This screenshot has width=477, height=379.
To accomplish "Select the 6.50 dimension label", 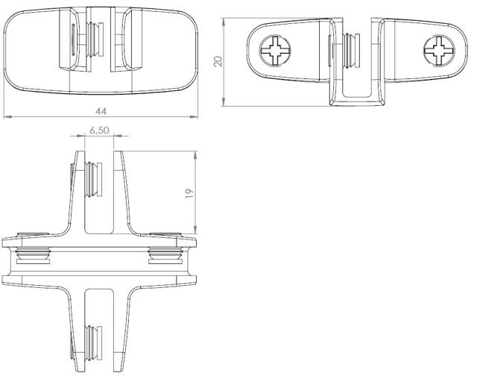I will pyautogui.click(x=99, y=130).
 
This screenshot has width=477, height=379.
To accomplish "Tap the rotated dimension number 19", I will pyautogui.click(x=189, y=192).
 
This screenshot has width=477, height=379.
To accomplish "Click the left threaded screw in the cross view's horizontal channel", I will pyautogui.click(x=34, y=255).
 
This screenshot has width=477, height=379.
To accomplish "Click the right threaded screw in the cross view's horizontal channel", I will pyautogui.click(x=165, y=255).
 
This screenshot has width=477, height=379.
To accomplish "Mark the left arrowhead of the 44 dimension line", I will pyautogui.click(x=7, y=117).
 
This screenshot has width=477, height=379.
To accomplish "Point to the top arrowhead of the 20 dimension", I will pyautogui.click(x=225, y=19).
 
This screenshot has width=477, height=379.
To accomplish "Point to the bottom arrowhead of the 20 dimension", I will pyautogui.click(x=225, y=103).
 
